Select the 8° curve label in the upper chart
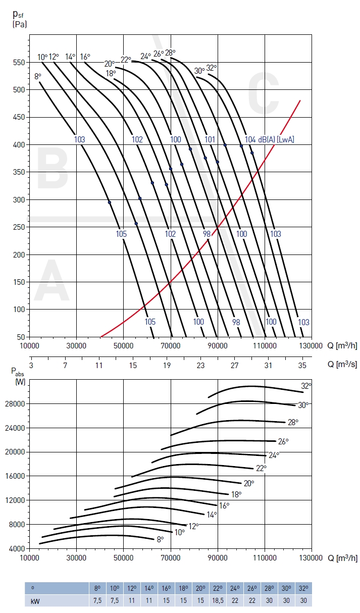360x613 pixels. pyautogui.click(x=38, y=76)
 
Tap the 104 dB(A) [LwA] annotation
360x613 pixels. pyautogui.click(x=269, y=139)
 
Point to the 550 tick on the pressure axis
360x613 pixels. pyautogui.click(x=19, y=62)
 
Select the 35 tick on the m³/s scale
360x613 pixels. pyautogui.click(x=302, y=365)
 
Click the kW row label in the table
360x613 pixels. pyautogui.click(x=35, y=600)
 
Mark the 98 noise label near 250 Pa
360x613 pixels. pyautogui.click(x=207, y=234)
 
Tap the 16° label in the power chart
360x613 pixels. pyautogui.click(x=224, y=505)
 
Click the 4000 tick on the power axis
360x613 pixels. pyautogui.click(x=18, y=548)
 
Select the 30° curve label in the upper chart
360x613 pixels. pyautogui.click(x=199, y=71)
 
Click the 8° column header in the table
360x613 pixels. pyautogui.click(x=97, y=588)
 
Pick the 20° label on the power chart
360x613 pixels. pyautogui.click(x=249, y=483)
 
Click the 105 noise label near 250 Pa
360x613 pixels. pyautogui.click(x=121, y=234)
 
